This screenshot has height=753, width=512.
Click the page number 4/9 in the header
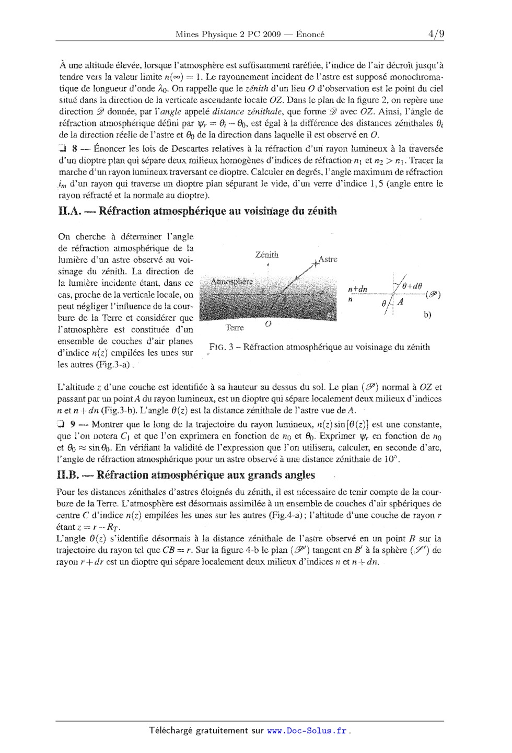coord(436,34)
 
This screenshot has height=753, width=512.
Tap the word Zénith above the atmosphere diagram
coord(266,255)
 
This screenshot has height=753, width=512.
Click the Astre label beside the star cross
coord(328,259)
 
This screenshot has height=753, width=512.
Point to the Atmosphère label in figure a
coord(231,282)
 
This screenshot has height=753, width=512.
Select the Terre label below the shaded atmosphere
coord(235,328)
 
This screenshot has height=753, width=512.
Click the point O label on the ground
coord(268,325)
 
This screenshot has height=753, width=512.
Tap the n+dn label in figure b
coord(357,289)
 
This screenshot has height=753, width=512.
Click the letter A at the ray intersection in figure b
coord(400,302)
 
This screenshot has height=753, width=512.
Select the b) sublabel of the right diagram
coord(427,315)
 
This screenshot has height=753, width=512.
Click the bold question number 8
coord(75,149)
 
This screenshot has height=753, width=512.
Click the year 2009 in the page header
coord(272,34)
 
